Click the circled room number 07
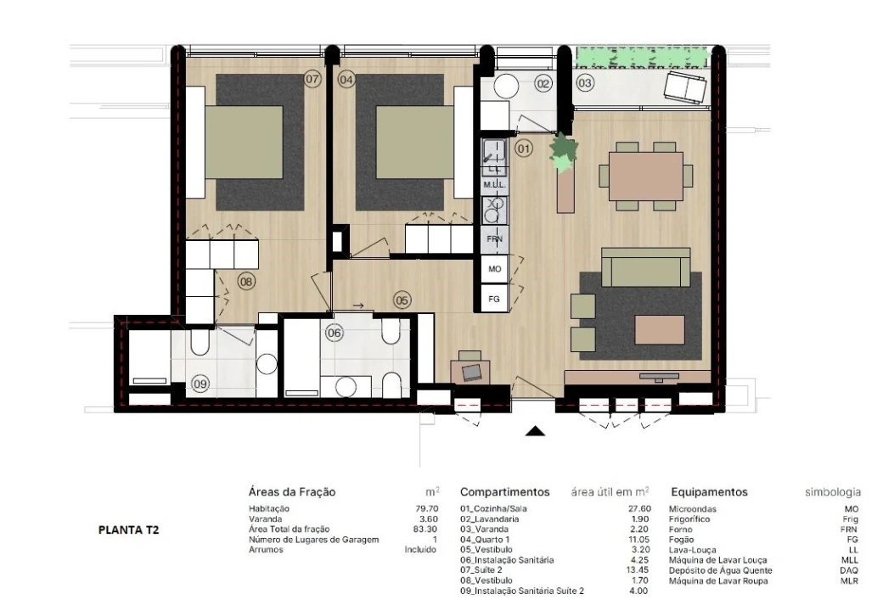click(x=312, y=79)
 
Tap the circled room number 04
click(x=346, y=79)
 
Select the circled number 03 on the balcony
click(x=585, y=83)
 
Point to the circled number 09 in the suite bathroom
click(x=200, y=384)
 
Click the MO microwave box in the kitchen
click(x=494, y=269)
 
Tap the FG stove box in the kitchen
click(x=494, y=299)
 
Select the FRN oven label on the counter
click(x=494, y=239)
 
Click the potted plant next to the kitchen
click(x=564, y=151)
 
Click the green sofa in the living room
click(x=646, y=266)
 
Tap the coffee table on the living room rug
click(x=660, y=329)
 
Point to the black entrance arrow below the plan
click(x=536, y=432)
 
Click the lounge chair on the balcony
click(x=685, y=87)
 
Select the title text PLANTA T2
click(x=129, y=530)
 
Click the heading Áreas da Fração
click(x=292, y=491)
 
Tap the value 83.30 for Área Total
click(x=425, y=529)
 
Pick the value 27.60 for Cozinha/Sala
click(x=639, y=508)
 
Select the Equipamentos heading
click(x=709, y=491)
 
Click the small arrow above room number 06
click(x=357, y=306)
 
